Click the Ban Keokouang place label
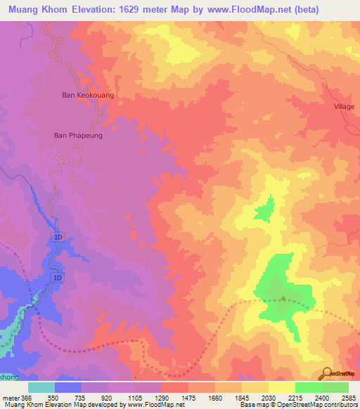pyautogui.click(x=88, y=94)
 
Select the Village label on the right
pyautogui.click(x=345, y=106)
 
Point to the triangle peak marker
pyautogui.click(x=283, y=298)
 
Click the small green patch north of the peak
pyautogui.click(x=264, y=208)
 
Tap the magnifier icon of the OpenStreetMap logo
pyautogui.click(x=328, y=373)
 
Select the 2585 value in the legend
pyautogui.click(x=347, y=397)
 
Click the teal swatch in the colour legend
pyautogui.click(x=41, y=387)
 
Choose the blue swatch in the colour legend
pyautogui.click(x=68, y=387)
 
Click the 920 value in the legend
pyautogui.click(x=107, y=397)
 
